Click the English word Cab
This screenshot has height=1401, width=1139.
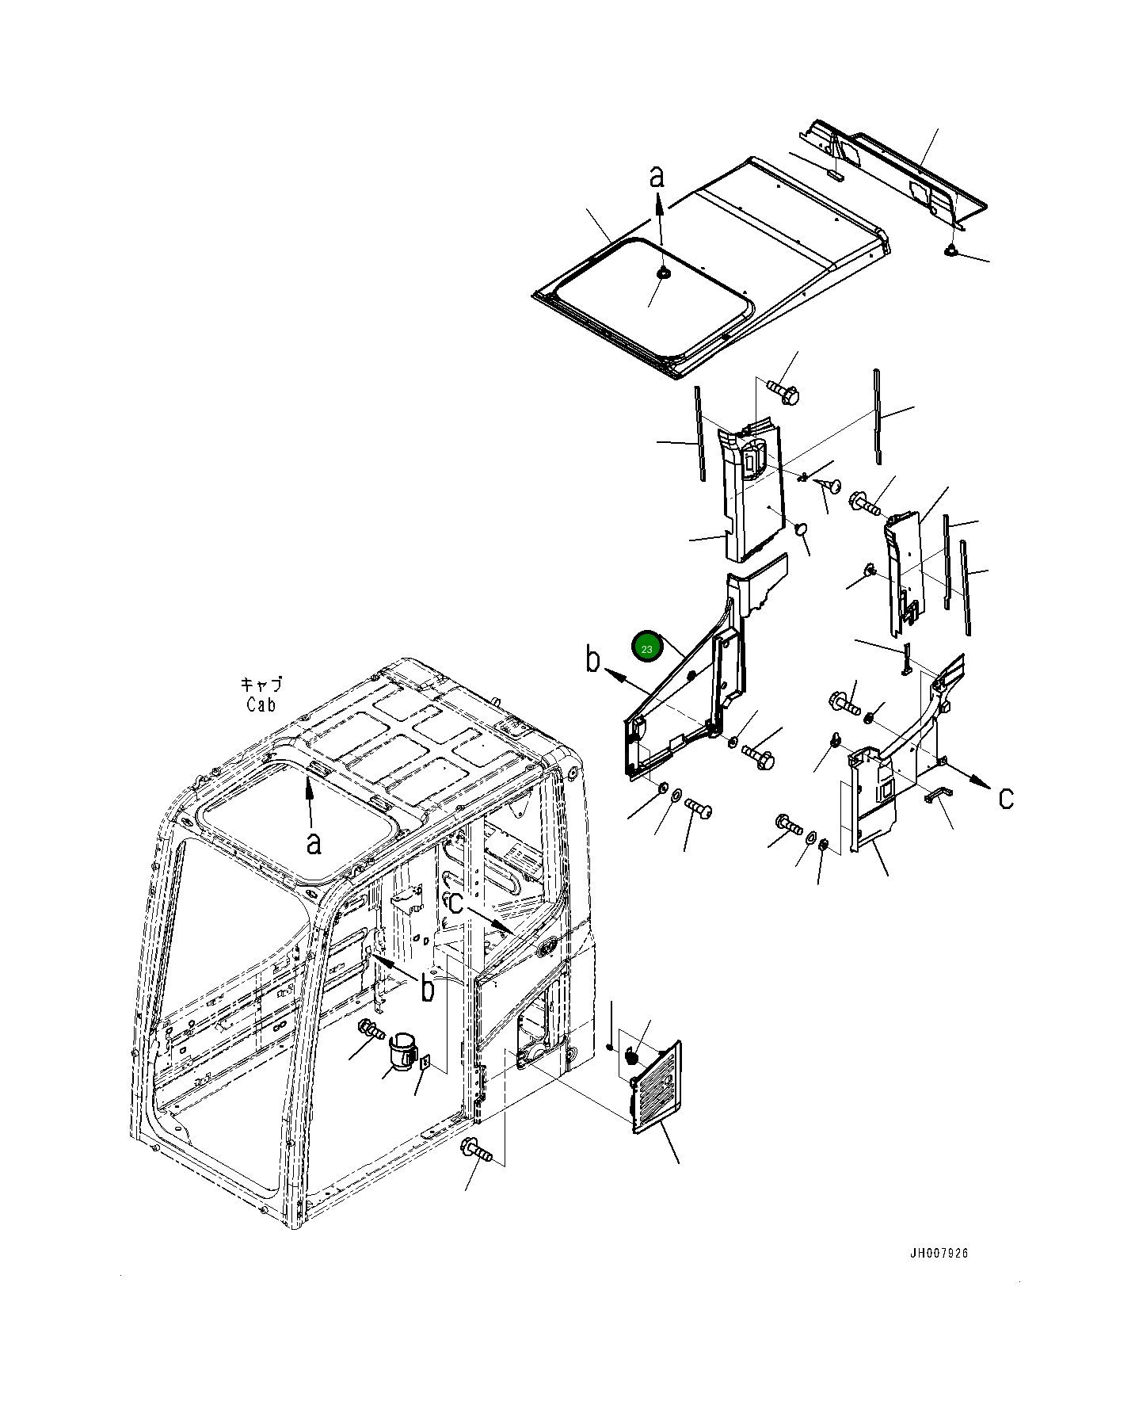pos(261,704)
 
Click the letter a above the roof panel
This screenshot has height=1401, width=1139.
pos(657,176)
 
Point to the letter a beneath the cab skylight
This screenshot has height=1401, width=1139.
pos(314,842)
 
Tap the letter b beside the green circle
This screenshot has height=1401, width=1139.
pos(593,659)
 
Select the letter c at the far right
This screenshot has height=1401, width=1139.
pos(1005,797)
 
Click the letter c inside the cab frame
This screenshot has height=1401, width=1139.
pos(455,902)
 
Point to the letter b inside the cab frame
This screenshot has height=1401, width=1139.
pos(428,988)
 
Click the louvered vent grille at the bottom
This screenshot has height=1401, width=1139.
pos(657,1086)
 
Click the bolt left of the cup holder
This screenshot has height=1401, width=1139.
pos(371,1030)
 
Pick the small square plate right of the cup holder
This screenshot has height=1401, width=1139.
pos(425,1063)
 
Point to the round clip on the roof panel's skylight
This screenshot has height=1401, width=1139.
pos(662,273)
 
